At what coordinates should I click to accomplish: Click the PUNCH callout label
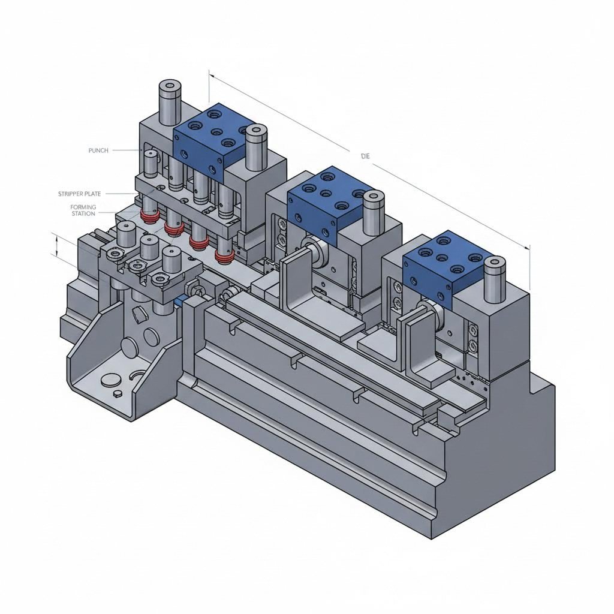98,151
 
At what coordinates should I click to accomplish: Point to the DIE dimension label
365,156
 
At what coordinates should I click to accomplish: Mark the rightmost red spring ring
225,257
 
